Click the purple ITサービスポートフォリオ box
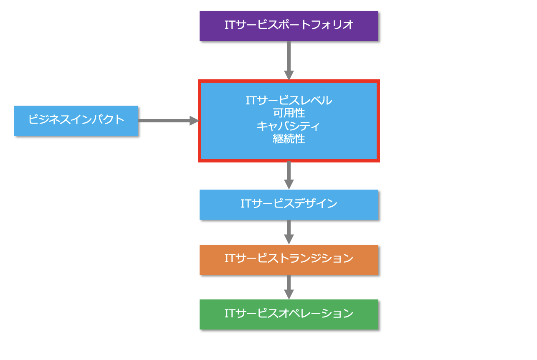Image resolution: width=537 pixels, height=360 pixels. (x=289, y=26)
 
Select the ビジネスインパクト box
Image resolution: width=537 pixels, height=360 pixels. (x=76, y=120)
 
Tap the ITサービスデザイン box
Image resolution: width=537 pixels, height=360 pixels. (x=289, y=205)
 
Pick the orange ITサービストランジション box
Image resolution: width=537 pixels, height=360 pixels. (x=289, y=259)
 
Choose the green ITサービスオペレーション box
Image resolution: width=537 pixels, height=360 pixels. (x=289, y=314)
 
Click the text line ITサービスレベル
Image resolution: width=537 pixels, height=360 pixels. (x=289, y=101)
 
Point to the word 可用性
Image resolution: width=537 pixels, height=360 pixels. (x=289, y=113)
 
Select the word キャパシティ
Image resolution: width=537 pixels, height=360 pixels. (x=289, y=126)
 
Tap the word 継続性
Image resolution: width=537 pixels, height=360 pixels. (x=289, y=139)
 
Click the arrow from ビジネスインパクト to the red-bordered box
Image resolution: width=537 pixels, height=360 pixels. (x=165, y=121)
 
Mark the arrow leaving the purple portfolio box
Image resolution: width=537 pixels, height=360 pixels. (x=289, y=58)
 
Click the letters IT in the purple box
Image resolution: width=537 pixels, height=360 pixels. (x=230, y=25)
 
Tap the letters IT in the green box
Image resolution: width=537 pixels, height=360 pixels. (x=230, y=314)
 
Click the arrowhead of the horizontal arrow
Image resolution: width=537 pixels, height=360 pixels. (x=194, y=121)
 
